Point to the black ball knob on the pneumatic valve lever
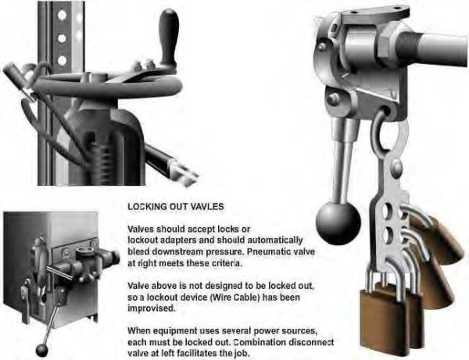pyautogui.click(x=338, y=223)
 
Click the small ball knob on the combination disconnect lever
pyautogui.click(x=42, y=351)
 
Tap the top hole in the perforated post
pyautogui.click(x=62, y=15)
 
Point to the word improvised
pyautogui.click(x=152, y=308)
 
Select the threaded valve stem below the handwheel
pyautogui.click(x=101, y=159)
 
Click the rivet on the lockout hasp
pyautogui.click(x=396, y=166)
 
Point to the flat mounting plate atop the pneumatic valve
pyautogui.click(x=374, y=14)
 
